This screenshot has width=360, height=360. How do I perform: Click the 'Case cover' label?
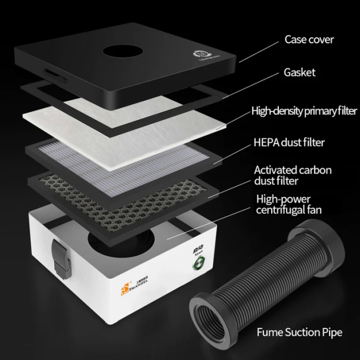tap(309, 40)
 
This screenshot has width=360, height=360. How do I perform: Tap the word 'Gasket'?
tap(300, 73)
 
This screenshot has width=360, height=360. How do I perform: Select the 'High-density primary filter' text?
tap(304, 111)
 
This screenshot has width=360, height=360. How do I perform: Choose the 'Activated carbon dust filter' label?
tap(293, 175)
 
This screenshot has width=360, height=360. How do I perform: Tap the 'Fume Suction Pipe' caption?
tap(299, 332)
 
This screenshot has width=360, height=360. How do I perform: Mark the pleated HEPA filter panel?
tap(125, 158)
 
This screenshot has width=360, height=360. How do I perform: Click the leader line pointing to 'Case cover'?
tap(259, 50)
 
